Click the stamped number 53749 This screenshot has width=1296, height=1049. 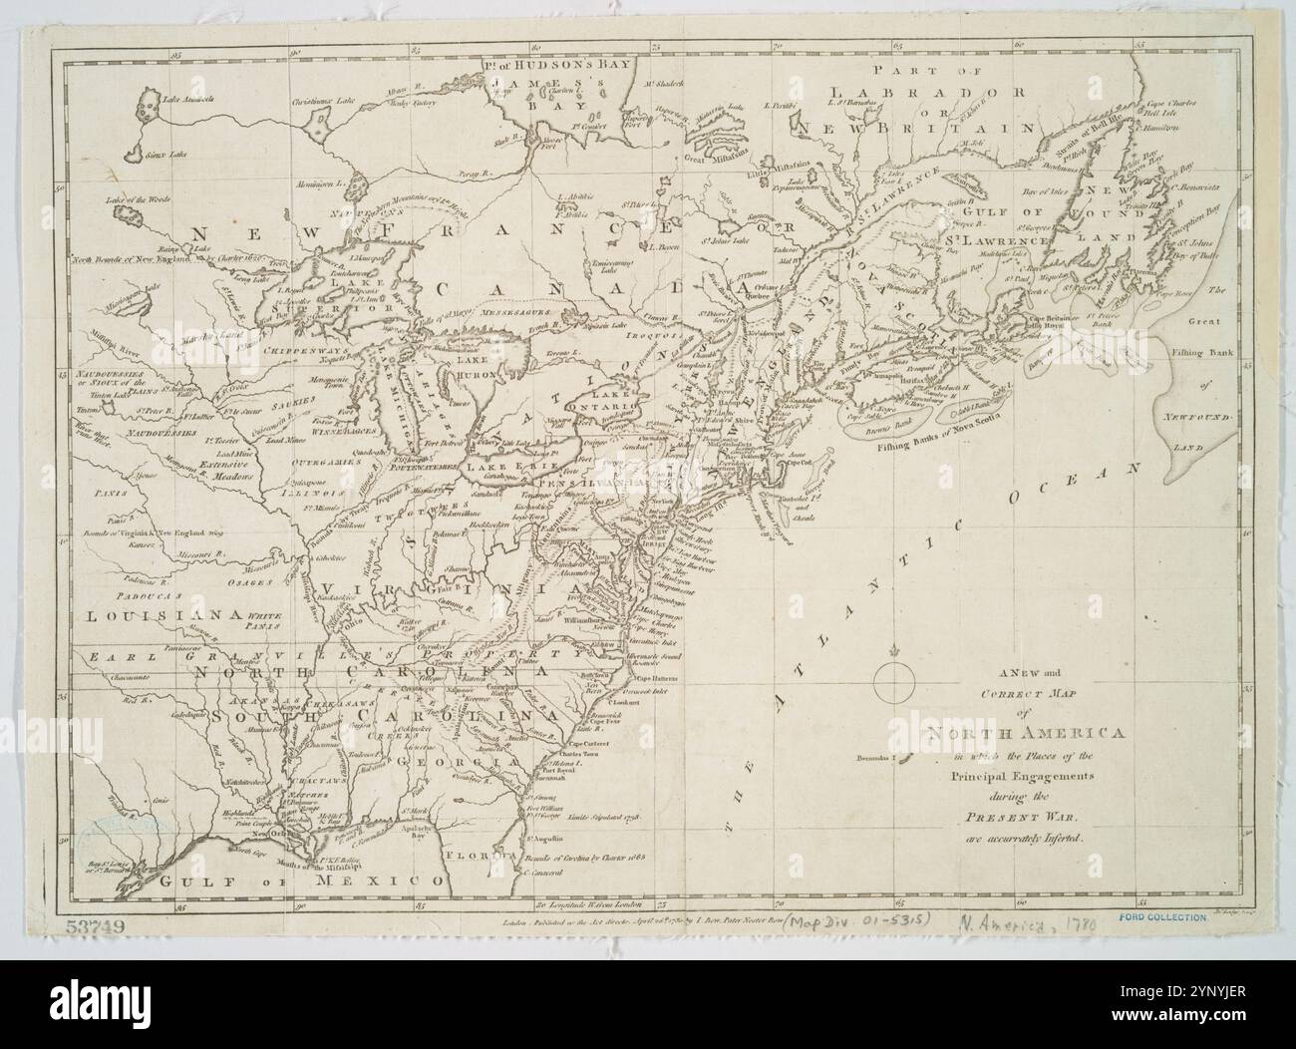click(x=97, y=926)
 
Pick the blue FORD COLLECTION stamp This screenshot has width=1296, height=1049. click(x=1162, y=915)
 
